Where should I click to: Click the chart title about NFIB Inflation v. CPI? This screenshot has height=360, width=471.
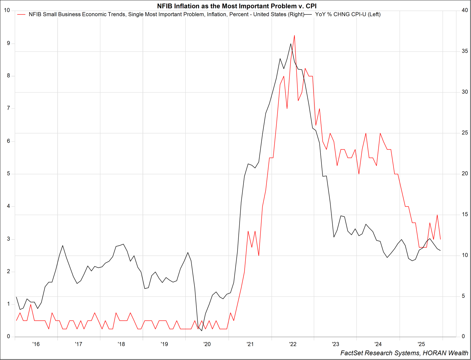coord(237,6)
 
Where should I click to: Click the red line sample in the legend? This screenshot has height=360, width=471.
coord(21,14)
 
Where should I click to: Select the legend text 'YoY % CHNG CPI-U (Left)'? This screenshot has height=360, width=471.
coord(348,14)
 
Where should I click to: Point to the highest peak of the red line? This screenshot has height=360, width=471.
coord(294,35)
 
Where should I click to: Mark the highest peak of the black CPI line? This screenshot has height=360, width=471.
coord(291,44)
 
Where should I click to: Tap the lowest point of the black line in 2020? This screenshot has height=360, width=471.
coord(202,331)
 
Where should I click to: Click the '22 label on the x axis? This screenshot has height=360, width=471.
coord(293,344)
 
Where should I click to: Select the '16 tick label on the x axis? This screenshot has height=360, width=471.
coord(36,344)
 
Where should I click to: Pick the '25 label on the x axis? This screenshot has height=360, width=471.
coord(421,344)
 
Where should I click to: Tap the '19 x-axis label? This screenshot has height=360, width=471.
coord(164,344)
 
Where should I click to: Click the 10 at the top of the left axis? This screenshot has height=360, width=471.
coord(7,11)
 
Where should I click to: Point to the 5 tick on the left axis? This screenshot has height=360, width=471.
coord(9,174)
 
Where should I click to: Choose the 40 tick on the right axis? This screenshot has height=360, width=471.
coord(465,11)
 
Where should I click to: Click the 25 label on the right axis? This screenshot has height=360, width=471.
coord(465,133)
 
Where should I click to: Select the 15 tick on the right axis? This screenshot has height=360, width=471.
coord(465,214)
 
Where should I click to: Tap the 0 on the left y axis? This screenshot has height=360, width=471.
coord(9,336)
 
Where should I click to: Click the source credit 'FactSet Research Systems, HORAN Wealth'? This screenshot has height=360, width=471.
coord(404,353)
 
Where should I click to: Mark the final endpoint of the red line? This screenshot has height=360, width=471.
coord(440,239)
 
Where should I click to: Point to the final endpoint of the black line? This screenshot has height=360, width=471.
coord(440,251)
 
